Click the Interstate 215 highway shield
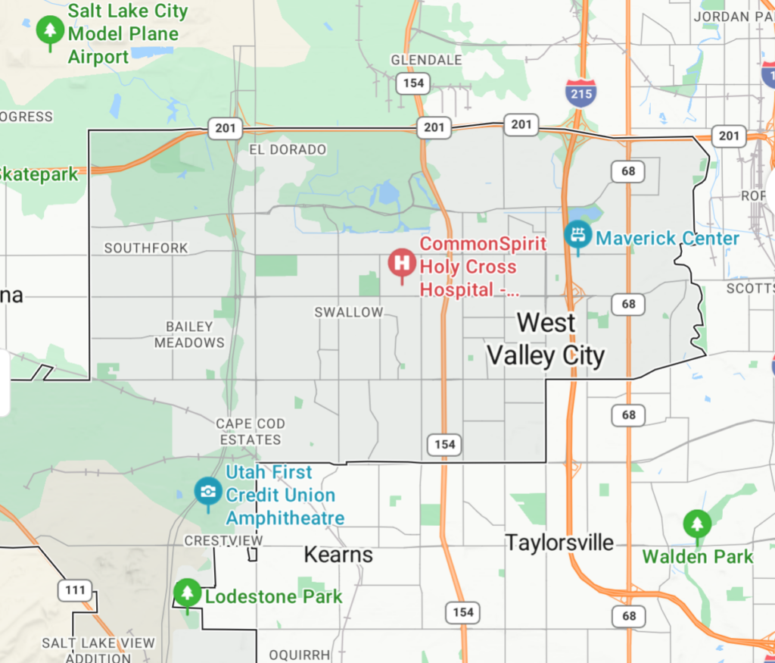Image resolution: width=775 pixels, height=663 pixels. [580, 92]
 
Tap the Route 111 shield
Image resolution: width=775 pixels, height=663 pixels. [74, 590]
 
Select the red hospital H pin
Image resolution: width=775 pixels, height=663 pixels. [401, 264]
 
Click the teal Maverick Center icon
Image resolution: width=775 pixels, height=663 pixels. [577, 234]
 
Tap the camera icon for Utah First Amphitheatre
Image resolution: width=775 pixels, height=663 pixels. [207, 490]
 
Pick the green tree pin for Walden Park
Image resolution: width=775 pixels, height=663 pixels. [696, 524]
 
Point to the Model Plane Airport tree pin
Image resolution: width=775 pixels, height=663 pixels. [50, 30]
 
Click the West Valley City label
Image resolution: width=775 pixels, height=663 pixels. [546, 339]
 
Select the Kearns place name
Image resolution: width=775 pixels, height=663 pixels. [338, 555]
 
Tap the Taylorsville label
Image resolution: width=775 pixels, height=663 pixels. [559, 543]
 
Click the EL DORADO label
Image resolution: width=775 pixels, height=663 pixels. [288, 150]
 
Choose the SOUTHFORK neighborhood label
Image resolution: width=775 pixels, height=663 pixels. [146, 248]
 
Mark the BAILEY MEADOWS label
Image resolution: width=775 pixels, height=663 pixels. [189, 334]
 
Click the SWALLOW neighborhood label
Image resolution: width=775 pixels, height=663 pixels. [349, 312]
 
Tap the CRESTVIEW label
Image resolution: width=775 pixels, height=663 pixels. [224, 540]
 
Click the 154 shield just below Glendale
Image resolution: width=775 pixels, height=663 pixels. [413, 83]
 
